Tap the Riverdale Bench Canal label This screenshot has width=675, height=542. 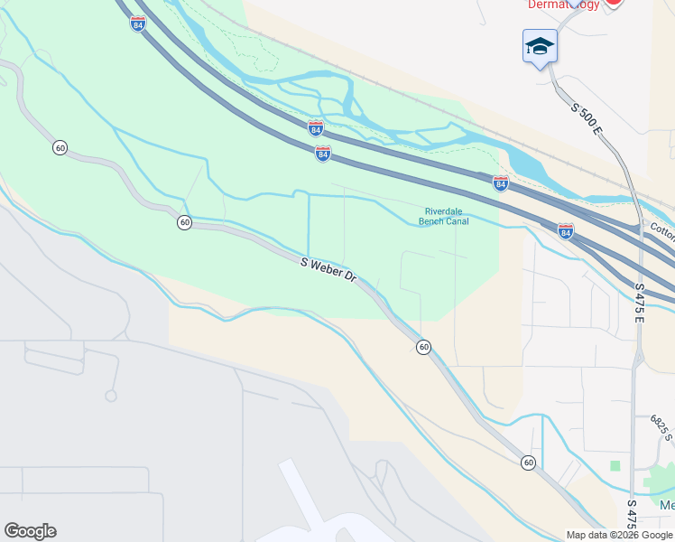[443, 217]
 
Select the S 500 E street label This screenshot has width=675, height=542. [587, 119]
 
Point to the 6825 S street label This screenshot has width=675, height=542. [662, 428]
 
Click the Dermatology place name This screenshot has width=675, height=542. [563, 5]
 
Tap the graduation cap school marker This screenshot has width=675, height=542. [540, 46]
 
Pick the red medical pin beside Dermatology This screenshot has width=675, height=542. [614, 3]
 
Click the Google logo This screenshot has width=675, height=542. [30, 531]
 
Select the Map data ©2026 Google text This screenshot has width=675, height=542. [619, 535]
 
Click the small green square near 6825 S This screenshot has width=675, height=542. [615, 465]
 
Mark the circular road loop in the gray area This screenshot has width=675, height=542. [111, 396]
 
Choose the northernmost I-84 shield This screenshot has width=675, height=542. [137, 24]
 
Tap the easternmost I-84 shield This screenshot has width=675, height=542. [565, 231]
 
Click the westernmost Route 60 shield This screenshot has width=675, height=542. [60, 147]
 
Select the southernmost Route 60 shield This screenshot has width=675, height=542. [528, 463]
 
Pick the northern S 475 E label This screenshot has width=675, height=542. [640, 297]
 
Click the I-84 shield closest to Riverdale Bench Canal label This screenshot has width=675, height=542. [501, 183]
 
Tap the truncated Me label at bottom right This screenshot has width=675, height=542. [667, 505]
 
